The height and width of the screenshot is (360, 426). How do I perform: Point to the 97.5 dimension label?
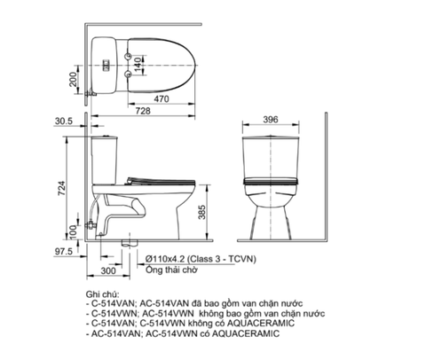coord(64,253)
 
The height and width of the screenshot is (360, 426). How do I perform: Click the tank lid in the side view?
coord(106,137)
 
